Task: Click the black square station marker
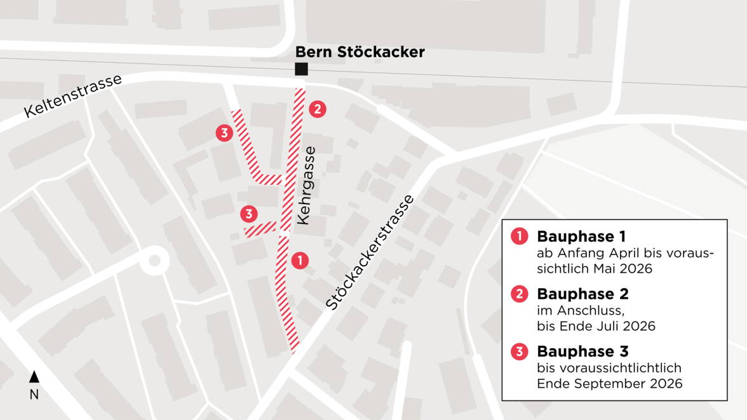[301, 69]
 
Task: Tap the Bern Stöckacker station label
[360, 52]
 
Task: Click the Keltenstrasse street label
[73, 96]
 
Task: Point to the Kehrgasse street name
[306, 185]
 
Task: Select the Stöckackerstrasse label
[370, 253]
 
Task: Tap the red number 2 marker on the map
[318, 109]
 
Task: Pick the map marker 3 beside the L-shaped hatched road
[224, 133]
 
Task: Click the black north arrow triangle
[34, 377]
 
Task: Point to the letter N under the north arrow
[34, 395]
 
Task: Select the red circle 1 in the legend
[519, 237]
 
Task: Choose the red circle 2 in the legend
[519, 294]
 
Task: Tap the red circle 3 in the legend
[519, 351]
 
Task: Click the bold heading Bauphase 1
[581, 237]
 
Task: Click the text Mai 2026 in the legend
[626, 269]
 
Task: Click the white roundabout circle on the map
[153, 260]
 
